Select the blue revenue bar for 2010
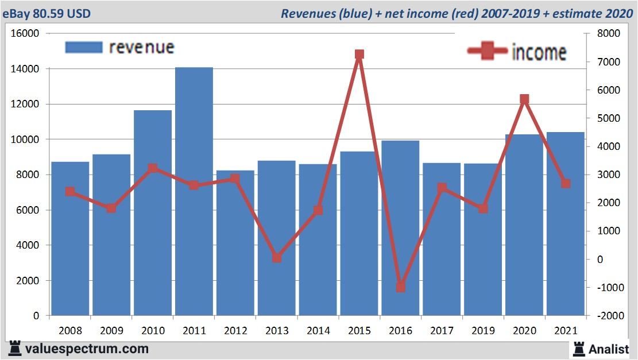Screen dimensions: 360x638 click(x=153, y=212)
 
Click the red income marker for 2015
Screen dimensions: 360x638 click(x=359, y=55)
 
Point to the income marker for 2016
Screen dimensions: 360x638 click(x=401, y=287)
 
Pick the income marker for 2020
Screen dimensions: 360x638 click(x=524, y=99)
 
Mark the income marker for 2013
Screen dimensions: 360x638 click(x=277, y=258)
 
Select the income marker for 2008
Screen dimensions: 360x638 click(x=70, y=192)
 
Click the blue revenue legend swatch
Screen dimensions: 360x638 click(x=84, y=47)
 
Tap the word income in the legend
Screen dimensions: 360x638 click(x=539, y=52)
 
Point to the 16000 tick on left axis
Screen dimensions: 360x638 click(x=25, y=34)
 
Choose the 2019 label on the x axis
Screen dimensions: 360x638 click(x=483, y=331)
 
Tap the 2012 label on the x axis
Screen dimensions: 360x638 click(x=235, y=331)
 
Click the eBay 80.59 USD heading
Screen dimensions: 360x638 click(x=47, y=13)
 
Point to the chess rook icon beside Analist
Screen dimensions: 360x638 click(x=579, y=348)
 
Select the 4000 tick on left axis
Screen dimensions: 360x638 click(x=28, y=245)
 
